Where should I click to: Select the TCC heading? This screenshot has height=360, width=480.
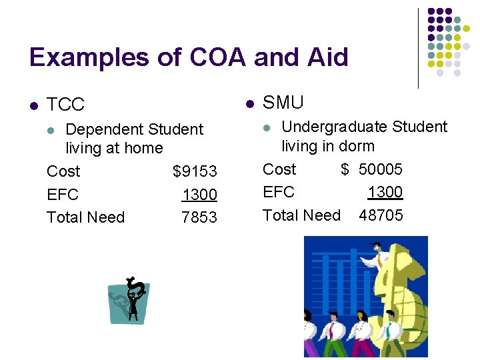pos(66,104)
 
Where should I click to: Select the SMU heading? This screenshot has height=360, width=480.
pos(283,103)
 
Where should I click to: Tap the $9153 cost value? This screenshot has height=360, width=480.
pos(195,171)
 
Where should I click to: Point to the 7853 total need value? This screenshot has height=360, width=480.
pos(199,217)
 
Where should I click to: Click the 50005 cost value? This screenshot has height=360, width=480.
pos(381,169)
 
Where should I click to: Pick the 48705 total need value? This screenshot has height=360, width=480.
pos(381,215)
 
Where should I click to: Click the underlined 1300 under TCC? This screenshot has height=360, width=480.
pos(199,195)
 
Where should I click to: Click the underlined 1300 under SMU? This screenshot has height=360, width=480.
pos(385,192)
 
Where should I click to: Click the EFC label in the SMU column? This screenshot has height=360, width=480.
pos(279,192)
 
